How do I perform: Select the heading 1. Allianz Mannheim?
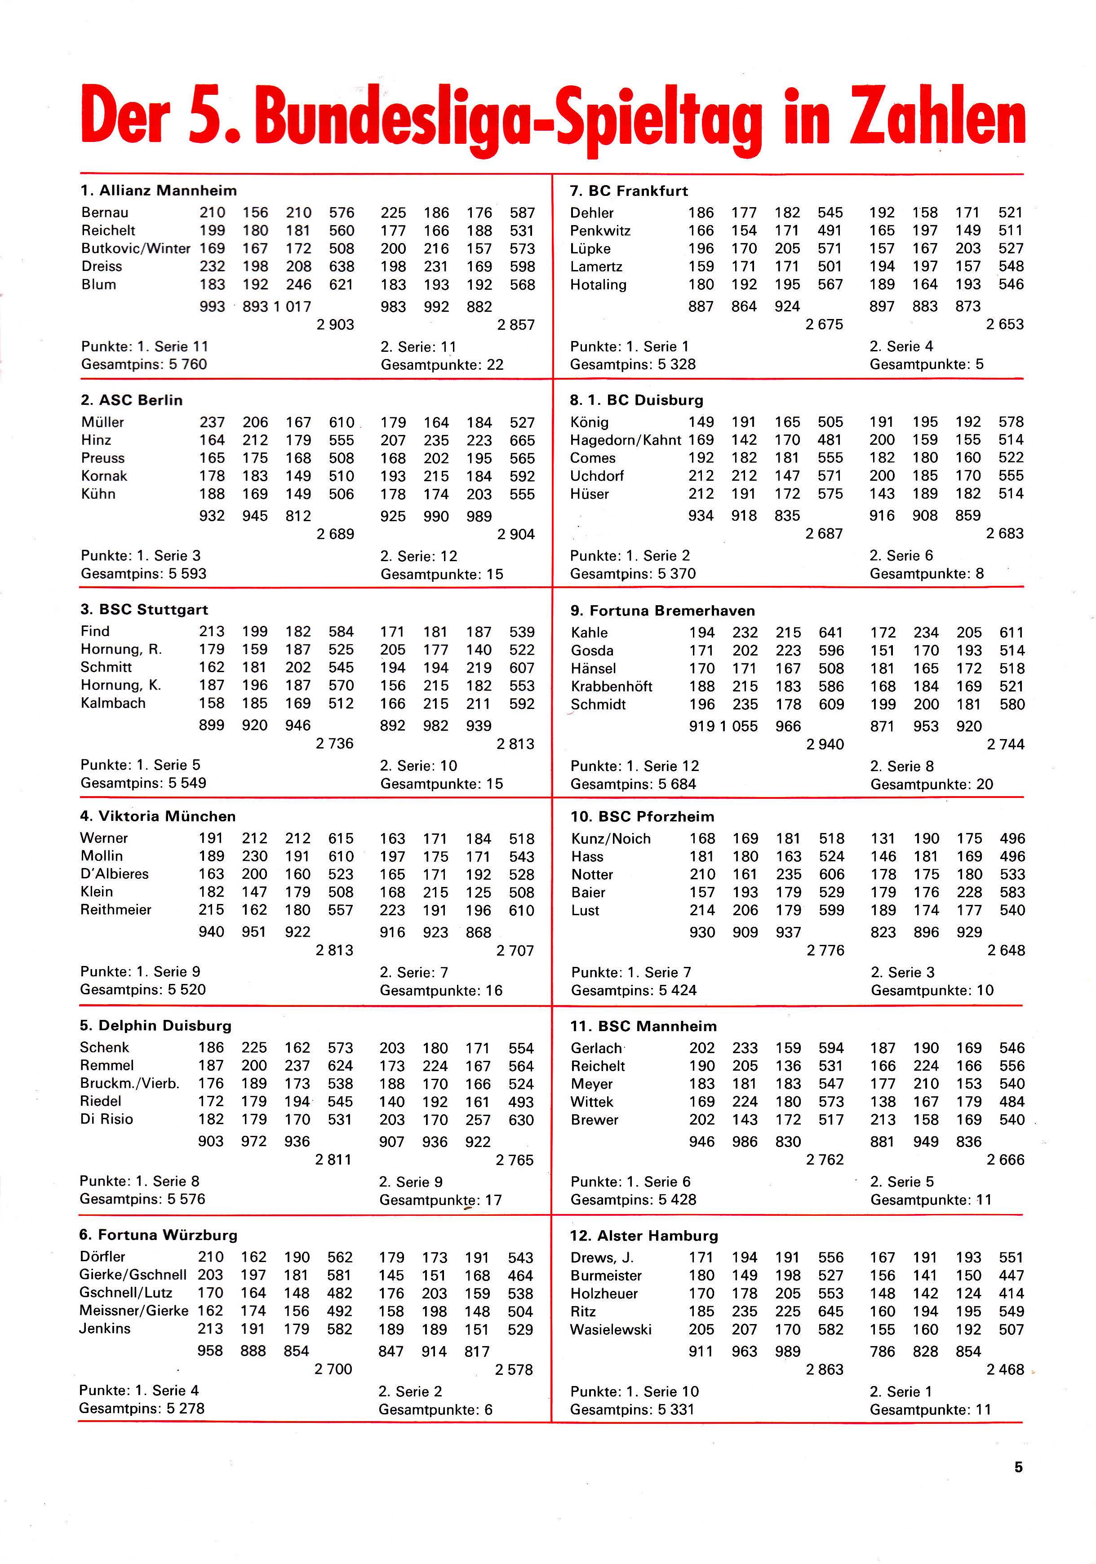click(158, 191)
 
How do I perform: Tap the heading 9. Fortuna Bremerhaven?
click(662, 610)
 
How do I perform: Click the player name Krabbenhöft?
click(611, 687)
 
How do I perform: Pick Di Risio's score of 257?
click(478, 1120)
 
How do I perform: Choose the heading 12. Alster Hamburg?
click(643, 1236)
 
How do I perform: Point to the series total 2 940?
click(825, 744)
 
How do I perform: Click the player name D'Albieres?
click(114, 874)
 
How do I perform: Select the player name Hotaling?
click(598, 285)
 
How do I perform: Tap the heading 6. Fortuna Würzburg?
click(158, 1235)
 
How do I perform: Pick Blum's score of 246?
click(298, 285)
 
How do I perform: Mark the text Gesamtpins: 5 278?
click(142, 1408)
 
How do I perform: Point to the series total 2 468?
click(1005, 1369)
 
